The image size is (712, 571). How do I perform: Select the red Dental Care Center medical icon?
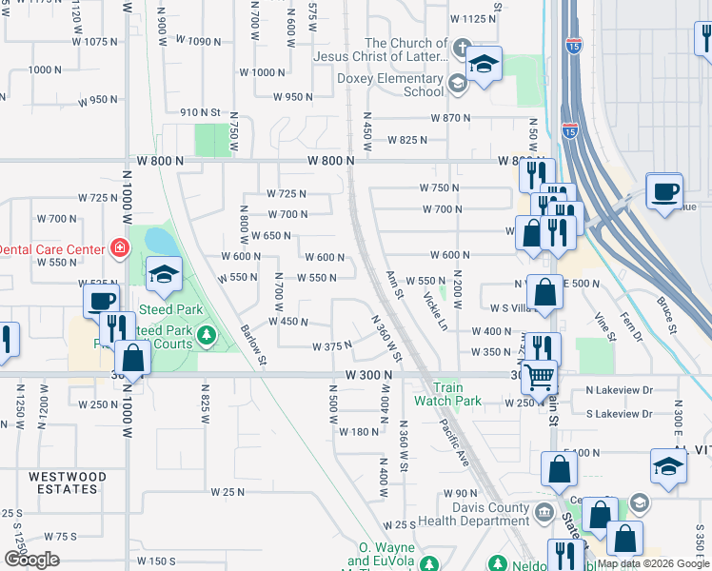coord(120,248)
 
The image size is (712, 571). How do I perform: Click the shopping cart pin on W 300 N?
coord(540,377)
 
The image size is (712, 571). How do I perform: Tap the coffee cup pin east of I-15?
coord(664,190)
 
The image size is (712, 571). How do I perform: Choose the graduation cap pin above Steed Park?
coord(165,275)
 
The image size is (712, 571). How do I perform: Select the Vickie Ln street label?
coord(437,310)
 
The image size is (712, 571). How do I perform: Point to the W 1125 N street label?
coord(474,18)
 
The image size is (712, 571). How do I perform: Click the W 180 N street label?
coord(358,432)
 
